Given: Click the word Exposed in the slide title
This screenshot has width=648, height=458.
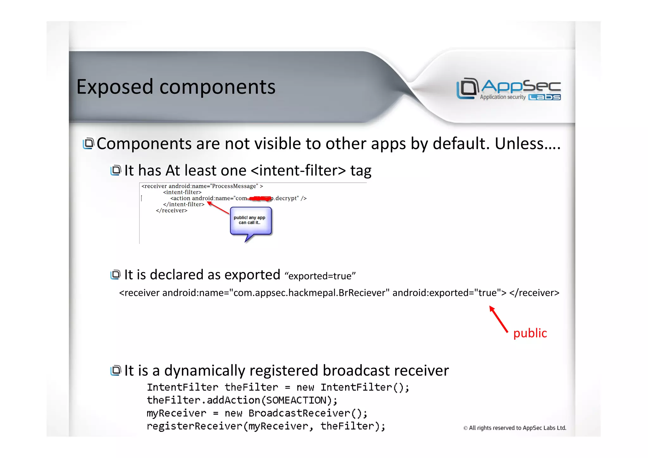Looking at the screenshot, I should coord(115,87).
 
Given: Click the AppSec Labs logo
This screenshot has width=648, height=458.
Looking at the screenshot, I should coord(508,89).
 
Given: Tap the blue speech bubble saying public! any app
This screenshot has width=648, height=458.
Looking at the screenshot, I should coord(251,220).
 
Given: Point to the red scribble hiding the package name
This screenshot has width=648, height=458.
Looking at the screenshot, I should coord(260,199).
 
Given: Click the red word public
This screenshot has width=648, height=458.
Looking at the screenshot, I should coord(530,333).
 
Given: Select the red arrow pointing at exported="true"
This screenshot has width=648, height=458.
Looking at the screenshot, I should coord(498,319).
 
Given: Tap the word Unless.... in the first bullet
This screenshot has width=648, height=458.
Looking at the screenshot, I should coord(527,144).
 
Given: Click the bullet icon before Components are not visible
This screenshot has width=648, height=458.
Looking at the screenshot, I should coord(88,143).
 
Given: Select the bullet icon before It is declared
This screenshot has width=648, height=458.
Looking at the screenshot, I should coord(115,274).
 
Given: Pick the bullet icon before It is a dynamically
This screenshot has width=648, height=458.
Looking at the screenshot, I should coord(115,370).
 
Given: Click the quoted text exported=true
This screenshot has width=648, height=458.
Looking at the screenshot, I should coord(320,276).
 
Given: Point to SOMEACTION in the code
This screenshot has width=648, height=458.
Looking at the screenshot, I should coord(296,400).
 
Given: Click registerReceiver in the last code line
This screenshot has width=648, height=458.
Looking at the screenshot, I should coord(194,426).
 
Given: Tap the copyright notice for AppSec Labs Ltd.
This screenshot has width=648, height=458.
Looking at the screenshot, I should coord(514,428).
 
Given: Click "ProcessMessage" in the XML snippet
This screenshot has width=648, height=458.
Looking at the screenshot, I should coord(235,186).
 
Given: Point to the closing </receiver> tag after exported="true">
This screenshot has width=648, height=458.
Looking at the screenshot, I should coord(534,293).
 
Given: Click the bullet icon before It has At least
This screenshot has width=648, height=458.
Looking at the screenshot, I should coord(115,170).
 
